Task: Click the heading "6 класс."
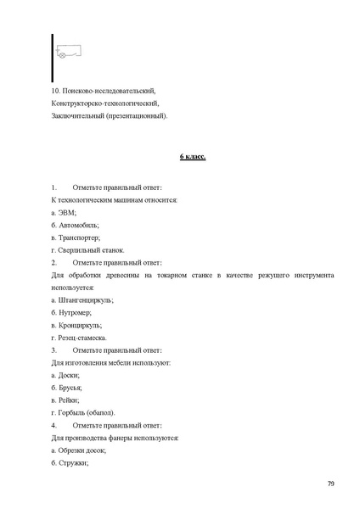193,157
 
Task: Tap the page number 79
330,484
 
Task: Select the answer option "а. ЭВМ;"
64,212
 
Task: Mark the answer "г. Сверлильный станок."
87,250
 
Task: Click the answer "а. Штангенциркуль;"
82,300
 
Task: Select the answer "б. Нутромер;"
71,313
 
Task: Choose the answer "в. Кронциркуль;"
76,325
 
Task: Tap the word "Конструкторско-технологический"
105,103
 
